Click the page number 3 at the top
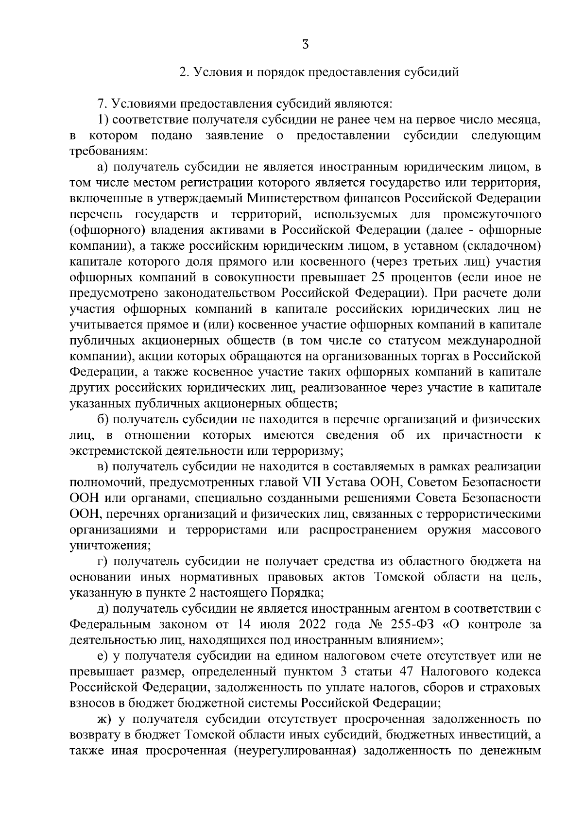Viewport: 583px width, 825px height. pyautogui.click(x=305, y=45)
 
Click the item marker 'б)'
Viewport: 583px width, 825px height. pyautogui.click(x=102, y=419)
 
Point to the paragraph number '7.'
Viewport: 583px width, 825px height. pyautogui.click(x=102, y=103)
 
